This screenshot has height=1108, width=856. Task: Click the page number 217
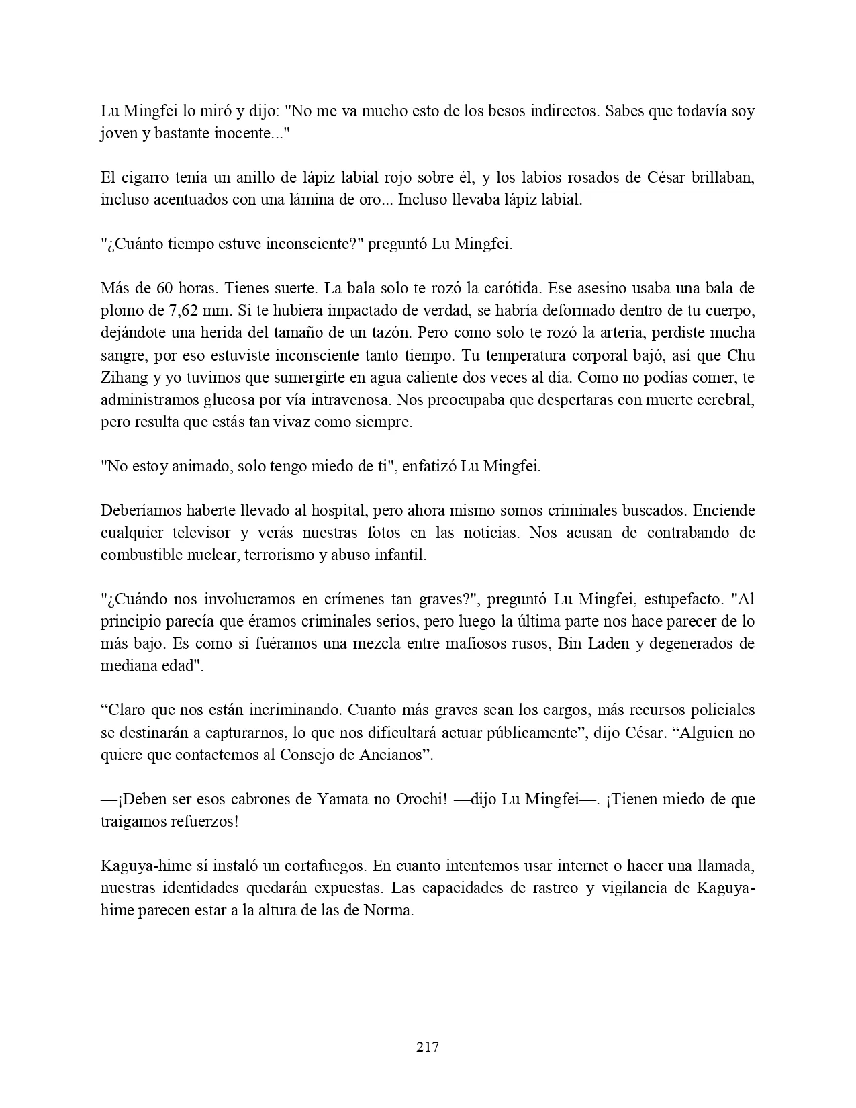[x=428, y=1046]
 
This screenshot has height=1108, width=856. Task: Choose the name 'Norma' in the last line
[x=387, y=911]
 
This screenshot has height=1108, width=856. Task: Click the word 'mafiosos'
[x=477, y=643]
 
